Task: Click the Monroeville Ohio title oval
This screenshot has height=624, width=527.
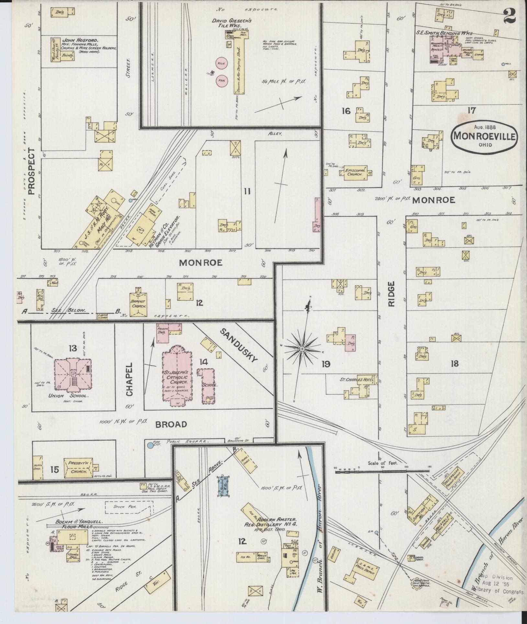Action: pos(484,136)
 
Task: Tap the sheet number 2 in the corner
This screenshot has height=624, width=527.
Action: pos(509,15)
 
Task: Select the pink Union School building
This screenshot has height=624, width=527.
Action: pos(72,374)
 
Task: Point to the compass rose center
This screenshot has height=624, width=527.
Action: pos(302,349)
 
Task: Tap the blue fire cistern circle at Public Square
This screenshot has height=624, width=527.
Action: pos(150,446)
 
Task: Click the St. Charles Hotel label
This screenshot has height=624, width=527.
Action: pos(357,380)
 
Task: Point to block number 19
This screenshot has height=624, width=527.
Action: pos(326,364)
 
